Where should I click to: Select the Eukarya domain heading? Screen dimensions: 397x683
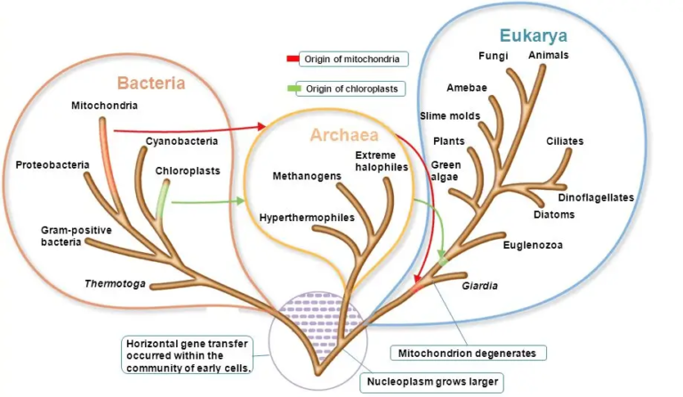tap(534, 36)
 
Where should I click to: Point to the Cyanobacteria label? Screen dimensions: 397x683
tap(181, 140)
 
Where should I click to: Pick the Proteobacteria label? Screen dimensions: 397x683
tap(51, 164)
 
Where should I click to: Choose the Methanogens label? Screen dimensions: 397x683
tap(307, 176)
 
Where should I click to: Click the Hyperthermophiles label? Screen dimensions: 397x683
tap(307, 217)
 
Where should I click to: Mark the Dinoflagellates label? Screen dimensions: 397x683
tap(595, 197)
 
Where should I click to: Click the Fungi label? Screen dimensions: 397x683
tap(491, 56)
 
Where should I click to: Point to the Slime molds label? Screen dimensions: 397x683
tap(449, 115)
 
